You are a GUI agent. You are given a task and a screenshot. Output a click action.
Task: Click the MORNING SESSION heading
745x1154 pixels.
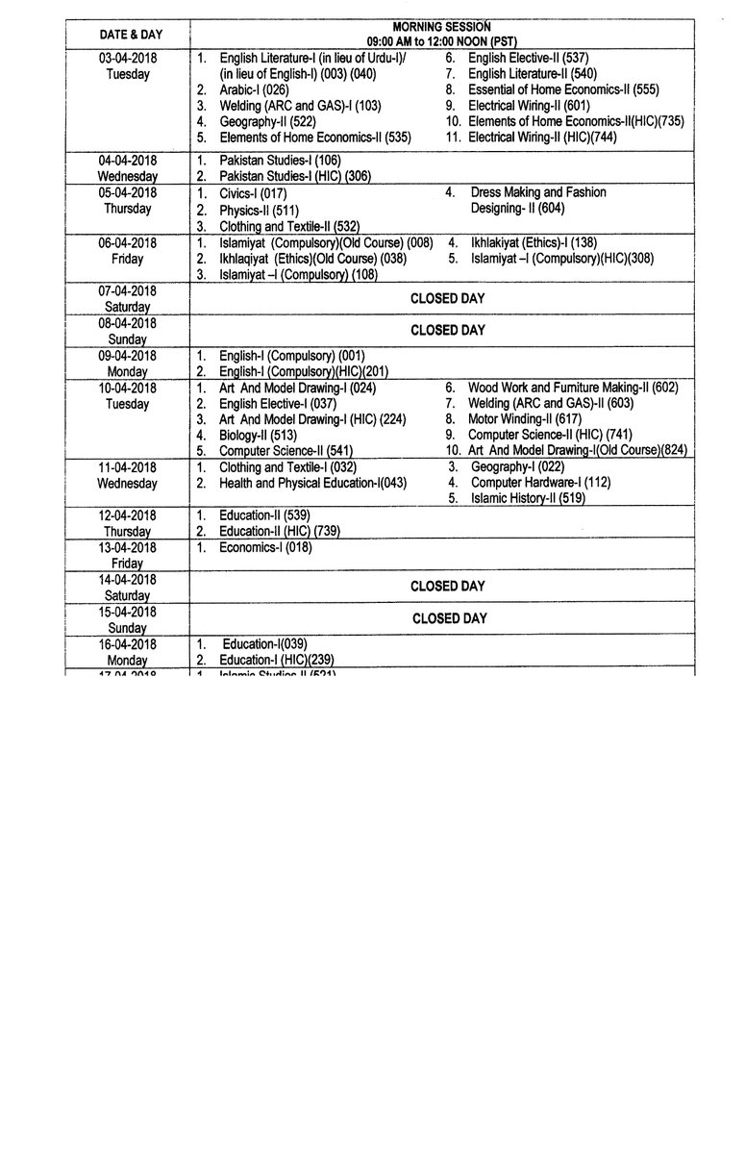(x=441, y=26)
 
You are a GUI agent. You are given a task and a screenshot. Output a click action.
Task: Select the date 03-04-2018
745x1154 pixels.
(x=127, y=58)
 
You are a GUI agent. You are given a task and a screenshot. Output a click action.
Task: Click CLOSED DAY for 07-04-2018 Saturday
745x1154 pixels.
(x=448, y=298)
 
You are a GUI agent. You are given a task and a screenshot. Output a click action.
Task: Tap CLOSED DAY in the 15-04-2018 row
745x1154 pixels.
(x=448, y=618)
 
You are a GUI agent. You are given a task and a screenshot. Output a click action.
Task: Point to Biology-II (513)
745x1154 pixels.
(x=257, y=435)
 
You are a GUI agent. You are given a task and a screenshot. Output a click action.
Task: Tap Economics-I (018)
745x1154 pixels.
(x=265, y=547)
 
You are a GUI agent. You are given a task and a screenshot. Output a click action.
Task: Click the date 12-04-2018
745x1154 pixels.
(x=127, y=515)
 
